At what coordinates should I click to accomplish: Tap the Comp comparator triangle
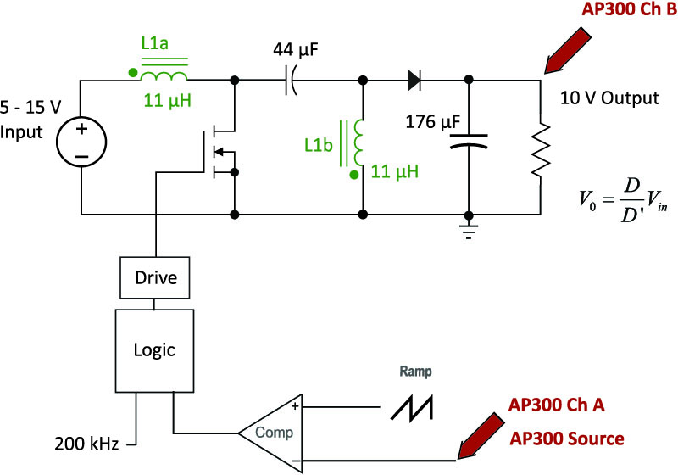(270, 433)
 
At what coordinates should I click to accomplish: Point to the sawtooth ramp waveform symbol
(412, 408)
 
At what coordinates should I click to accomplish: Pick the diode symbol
(414, 80)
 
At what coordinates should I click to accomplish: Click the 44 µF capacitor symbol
(291, 81)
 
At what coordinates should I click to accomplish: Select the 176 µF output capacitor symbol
(469, 142)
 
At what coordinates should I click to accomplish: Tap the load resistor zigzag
(541, 149)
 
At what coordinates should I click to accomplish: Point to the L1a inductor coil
(164, 76)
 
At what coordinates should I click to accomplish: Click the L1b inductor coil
(358, 142)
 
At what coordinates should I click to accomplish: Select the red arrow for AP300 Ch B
(567, 51)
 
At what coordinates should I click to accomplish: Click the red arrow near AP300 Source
(481, 436)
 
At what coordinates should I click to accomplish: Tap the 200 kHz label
(86, 444)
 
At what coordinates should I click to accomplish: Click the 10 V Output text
(609, 98)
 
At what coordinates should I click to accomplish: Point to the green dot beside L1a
(133, 73)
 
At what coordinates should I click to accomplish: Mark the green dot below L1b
(354, 175)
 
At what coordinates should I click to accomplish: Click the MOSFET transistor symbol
(220, 152)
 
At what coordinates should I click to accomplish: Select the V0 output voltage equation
(623, 200)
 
